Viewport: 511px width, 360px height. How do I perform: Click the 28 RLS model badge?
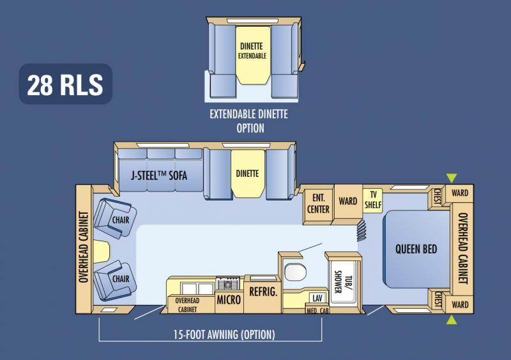click(65, 84)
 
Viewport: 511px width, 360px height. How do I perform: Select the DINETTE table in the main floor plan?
click(247, 173)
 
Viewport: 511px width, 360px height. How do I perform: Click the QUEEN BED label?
click(416, 249)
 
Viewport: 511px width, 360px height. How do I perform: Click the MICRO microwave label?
click(229, 299)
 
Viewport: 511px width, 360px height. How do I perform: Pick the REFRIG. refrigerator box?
click(263, 292)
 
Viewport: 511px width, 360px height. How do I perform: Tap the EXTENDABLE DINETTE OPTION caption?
click(249, 121)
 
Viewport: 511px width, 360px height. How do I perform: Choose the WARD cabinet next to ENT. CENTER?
click(347, 202)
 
